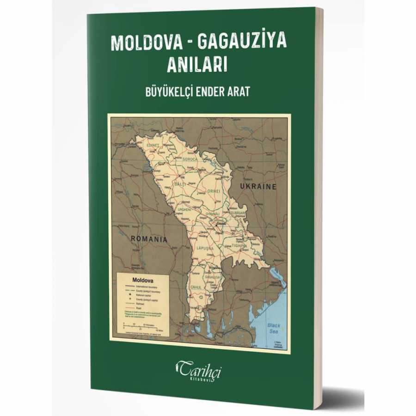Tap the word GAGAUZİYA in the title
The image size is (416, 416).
(242, 42)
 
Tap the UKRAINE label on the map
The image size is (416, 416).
(258, 187)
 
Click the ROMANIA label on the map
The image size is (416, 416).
(149, 239)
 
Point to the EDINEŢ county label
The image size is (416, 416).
(153, 146)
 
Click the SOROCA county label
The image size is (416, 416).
(190, 159)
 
